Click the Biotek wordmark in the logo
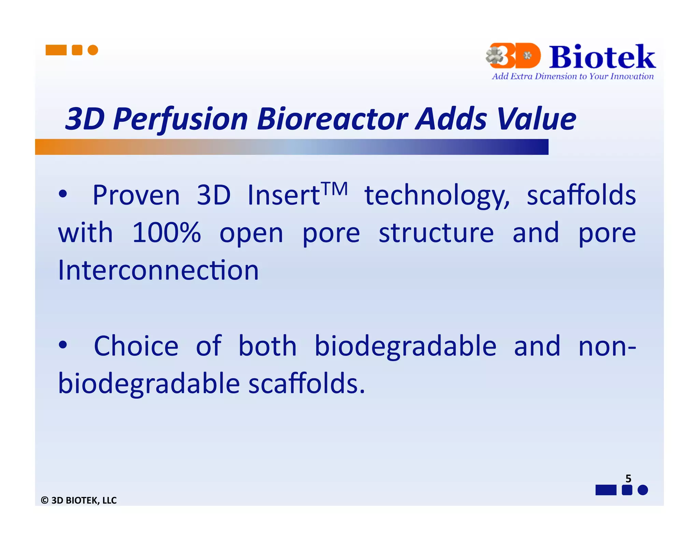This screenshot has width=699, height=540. [602, 57]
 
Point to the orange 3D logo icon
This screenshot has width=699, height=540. [514, 56]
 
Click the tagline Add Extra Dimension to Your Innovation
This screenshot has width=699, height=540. [572, 76]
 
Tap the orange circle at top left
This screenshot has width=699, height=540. [93, 50]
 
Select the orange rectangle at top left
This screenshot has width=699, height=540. [56, 50]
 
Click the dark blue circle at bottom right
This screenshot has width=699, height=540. [643, 490]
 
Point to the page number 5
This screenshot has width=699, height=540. [628, 479]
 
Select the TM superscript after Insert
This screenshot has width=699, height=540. [335, 188]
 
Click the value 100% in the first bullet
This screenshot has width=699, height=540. [166, 233]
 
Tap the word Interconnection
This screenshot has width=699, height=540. [158, 270]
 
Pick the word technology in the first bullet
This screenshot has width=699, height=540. [437, 196]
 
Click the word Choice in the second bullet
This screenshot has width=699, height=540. [136, 346]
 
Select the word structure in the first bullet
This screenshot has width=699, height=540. [436, 233]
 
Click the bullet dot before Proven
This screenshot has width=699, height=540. [63, 194]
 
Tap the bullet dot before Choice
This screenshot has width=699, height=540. [63, 345]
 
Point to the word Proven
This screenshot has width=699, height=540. [136, 195]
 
